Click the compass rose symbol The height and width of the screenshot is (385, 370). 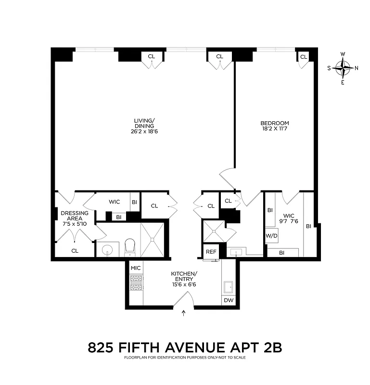343,68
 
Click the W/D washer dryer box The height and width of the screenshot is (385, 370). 271,236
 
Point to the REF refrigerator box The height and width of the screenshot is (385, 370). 210,252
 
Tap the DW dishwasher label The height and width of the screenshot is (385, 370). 229,300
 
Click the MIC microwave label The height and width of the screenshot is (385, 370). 135,268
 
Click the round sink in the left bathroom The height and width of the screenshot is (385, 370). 107,250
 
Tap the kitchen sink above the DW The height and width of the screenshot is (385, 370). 229,287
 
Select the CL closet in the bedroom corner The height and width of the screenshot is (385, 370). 304,57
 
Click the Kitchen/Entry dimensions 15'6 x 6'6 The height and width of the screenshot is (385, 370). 183,284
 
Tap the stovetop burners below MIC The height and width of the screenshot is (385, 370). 136,283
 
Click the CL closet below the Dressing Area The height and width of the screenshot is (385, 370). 75,250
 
